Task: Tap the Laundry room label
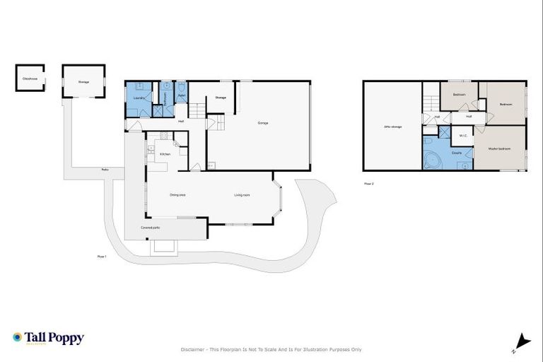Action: tap(139, 97)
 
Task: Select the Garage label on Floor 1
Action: tap(263, 123)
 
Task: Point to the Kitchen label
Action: tap(165, 153)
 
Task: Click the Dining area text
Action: tap(177, 194)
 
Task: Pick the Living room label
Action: tap(243, 194)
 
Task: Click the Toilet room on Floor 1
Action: tap(181, 95)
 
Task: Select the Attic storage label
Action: tap(392, 127)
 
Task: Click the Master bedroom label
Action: tap(499, 148)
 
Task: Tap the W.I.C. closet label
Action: tap(463, 135)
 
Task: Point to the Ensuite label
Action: tap(457, 152)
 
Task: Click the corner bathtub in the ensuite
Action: tap(430, 160)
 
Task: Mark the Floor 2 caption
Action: tap(368, 182)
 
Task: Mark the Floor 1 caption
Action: tap(102, 256)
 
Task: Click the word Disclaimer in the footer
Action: tap(193, 349)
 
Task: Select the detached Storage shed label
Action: tap(83, 83)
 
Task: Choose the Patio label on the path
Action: tap(105, 170)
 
